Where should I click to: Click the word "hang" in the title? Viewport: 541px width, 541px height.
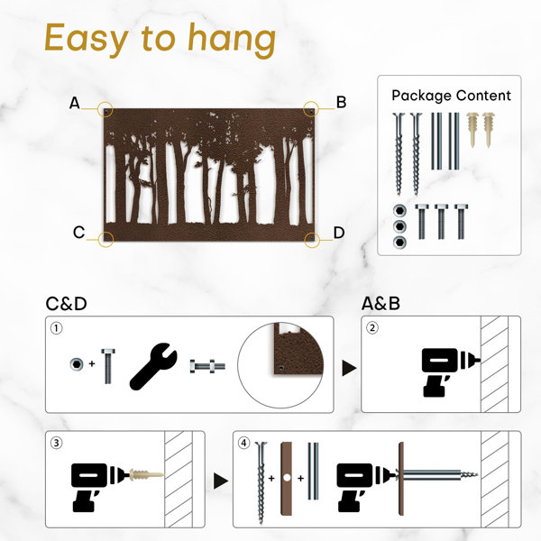pos(232,39)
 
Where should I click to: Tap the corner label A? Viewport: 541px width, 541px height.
pos(75,103)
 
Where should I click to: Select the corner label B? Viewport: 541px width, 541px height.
pos(341,102)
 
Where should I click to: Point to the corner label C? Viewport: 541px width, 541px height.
pos(78,233)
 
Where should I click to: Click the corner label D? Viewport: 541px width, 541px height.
pos(339,233)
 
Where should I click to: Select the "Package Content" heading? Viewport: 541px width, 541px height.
pos(451,96)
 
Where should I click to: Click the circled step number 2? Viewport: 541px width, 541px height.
pos(371,328)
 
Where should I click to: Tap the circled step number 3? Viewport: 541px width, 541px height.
pos(57,443)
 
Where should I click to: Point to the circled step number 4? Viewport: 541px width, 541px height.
pos(244,443)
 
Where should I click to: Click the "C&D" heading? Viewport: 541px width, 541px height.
pos(66,304)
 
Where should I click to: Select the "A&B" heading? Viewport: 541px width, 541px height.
pos(381,304)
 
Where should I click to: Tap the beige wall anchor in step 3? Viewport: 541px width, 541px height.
pos(146,475)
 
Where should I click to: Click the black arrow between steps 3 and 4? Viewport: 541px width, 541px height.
pos(221,481)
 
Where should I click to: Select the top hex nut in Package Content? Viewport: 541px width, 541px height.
pos(399,210)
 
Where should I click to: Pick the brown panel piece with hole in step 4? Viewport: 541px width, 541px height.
pos(287,479)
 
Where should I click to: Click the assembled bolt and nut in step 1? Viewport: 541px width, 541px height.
pos(207,366)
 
